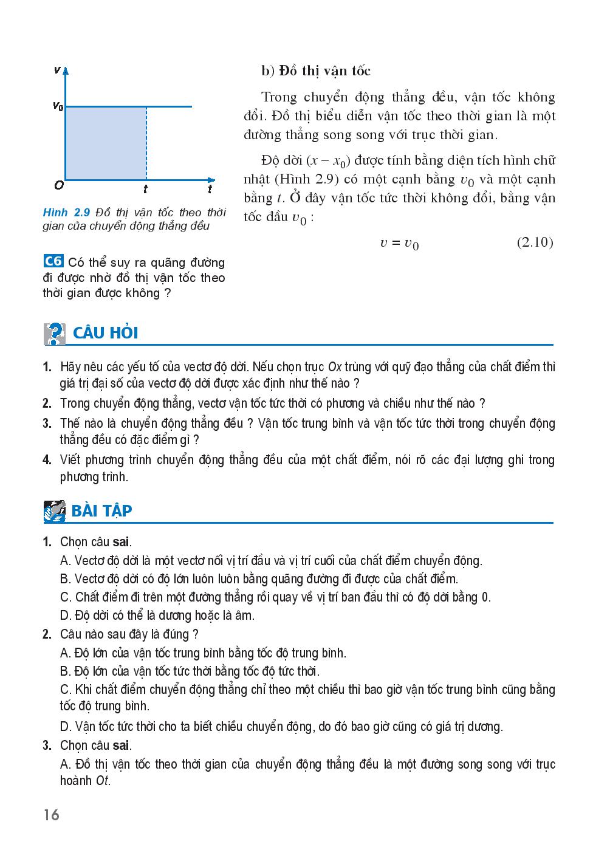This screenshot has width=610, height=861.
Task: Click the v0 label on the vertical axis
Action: [58, 107]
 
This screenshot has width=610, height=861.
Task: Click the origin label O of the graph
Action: [58, 185]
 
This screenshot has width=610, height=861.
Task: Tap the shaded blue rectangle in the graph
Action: [105, 143]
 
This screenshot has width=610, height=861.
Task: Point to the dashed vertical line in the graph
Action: [146, 143]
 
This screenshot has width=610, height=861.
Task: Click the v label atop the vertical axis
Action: [57, 70]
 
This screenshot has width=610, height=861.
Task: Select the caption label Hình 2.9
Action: [66, 213]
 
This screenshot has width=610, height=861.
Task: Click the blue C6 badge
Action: [53, 261]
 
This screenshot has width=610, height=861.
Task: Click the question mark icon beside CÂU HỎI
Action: [55, 334]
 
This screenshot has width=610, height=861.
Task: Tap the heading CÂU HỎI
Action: [105, 334]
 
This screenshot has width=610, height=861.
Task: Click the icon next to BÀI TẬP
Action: [55, 511]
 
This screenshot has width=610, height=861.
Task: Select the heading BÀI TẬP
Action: [101, 511]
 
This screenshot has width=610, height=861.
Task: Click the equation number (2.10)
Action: [535, 242]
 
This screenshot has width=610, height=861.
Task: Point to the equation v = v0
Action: [399, 244]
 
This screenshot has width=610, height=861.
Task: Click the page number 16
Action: [52, 815]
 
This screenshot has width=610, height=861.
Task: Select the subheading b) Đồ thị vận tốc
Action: [316, 71]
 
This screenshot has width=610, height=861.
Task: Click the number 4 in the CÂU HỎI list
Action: [47, 460]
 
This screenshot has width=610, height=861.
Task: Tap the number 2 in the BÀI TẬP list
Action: [47, 634]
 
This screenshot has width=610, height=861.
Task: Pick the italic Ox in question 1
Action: [334, 367]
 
